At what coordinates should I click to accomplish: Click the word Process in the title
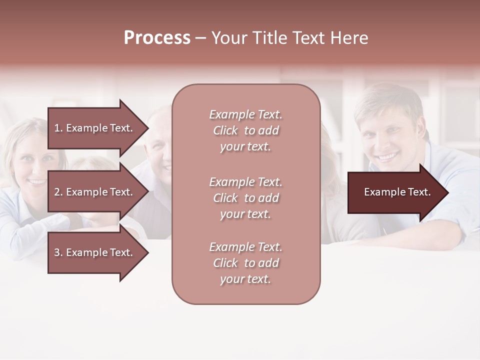pyautogui.click(x=157, y=38)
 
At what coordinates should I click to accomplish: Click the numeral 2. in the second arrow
pyautogui.click(x=58, y=192)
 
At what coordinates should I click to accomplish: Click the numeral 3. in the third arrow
pyautogui.click(x=58, y=252)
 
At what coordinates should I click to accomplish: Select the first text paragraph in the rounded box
pyautogui.click(x=245, y=130)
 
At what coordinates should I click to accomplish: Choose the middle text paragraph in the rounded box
pyautogui.click(x=245, y=198)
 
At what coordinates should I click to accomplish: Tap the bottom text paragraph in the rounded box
pyautogui.click(x=245, y=263)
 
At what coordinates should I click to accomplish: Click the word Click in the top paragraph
pyautogui.click(x=225, y=130)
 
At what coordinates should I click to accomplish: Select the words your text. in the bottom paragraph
pyautogui.click(x=245, y=279)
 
